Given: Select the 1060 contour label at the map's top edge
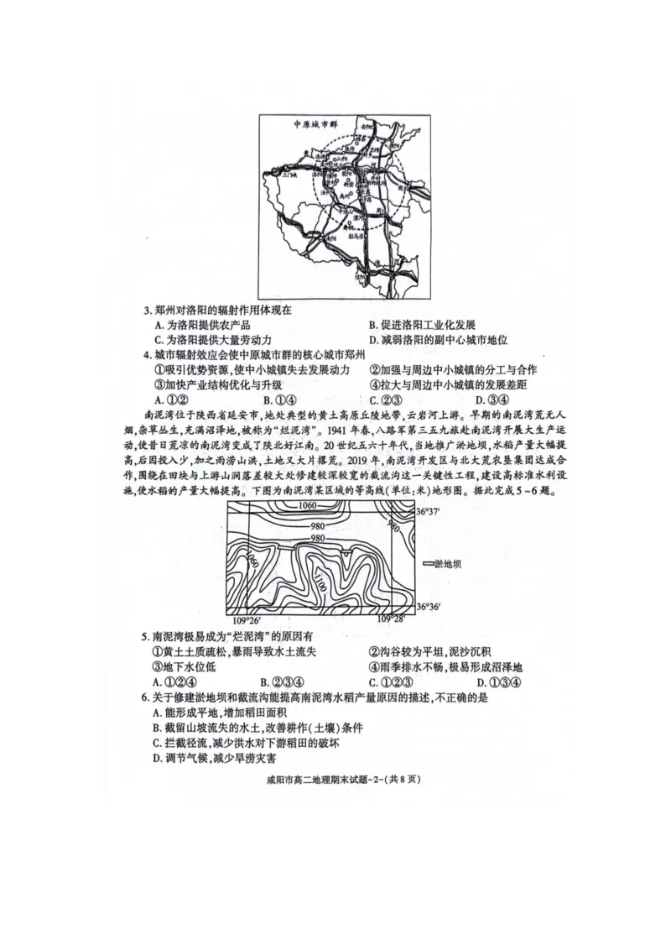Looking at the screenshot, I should pos(307,506).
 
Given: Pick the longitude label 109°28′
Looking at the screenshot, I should pos(391,619).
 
